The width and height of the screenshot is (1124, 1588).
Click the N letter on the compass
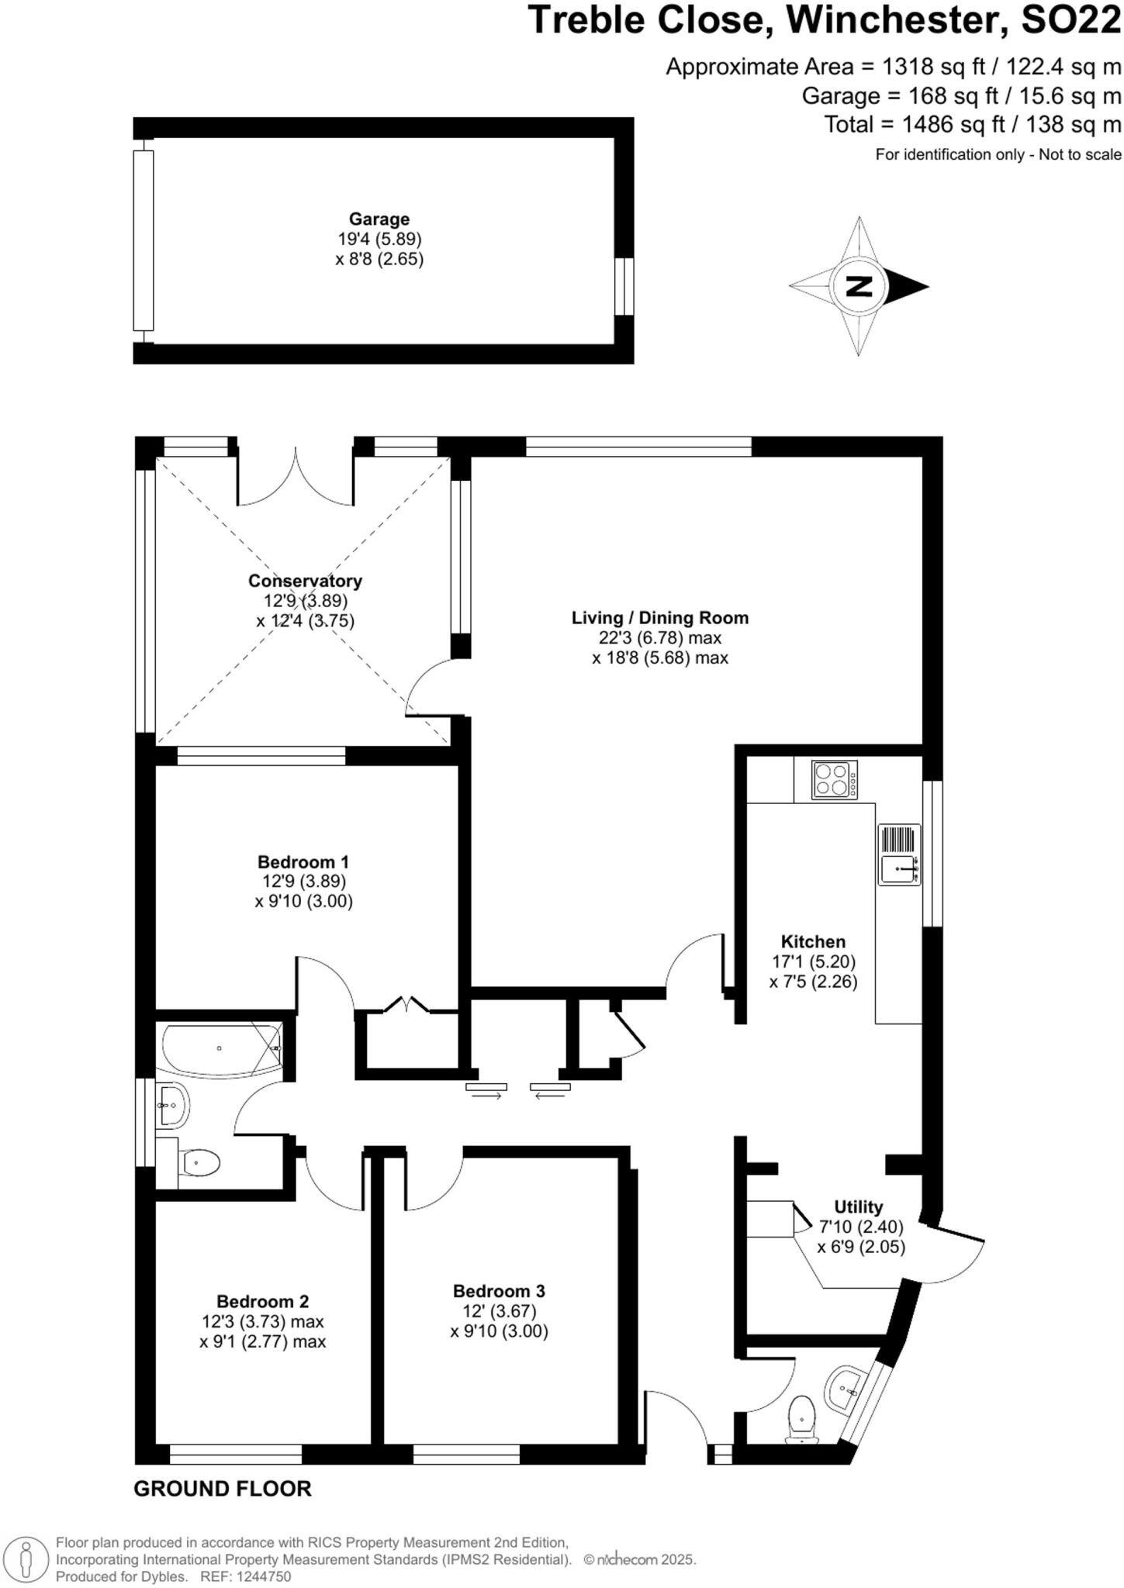point(858,286)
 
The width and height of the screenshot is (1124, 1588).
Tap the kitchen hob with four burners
point(835,779)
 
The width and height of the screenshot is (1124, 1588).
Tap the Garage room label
point(379,219)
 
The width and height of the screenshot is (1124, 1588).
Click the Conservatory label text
point(305,581)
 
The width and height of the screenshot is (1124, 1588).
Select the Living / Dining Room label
point(659,618)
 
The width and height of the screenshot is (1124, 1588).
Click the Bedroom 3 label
point(499,1291)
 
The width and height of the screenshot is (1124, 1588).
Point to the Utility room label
point(858,1207)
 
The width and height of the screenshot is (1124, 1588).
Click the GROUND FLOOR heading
point(223,1489)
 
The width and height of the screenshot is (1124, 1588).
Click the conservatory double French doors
point(296,481)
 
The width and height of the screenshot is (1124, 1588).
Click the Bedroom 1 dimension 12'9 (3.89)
point(304,881)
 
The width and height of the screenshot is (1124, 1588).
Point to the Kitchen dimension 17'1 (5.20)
point(813,961)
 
